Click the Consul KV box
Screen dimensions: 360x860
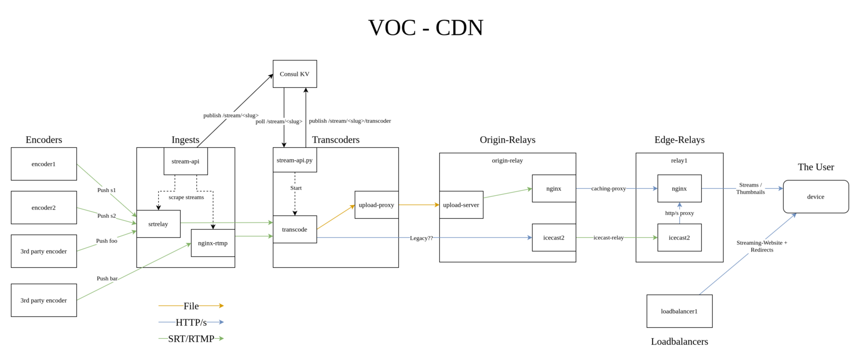click(x=295, y=74)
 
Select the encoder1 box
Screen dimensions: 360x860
click(x=44, y=164)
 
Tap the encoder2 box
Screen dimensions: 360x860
click(x=44, y=208)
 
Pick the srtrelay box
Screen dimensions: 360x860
click(x=158, y=224)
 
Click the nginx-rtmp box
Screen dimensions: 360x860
click(x=213, y=243)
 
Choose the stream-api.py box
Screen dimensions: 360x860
click(x=295, y=160)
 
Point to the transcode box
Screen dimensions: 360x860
click(x=295, y=230)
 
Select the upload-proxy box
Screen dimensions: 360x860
click(x=377, y=205)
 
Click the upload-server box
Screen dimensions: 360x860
click(x=461, y=205)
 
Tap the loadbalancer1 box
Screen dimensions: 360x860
click(x=679, y=311)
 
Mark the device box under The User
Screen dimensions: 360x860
click(x=816, y=197)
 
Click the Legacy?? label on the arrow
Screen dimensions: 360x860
click(x=421, y=238)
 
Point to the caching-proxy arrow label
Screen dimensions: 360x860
click(x=608, y=189)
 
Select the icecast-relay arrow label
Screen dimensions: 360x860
click(x=608, y=238)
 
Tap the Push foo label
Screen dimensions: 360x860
click(x=106, y=241)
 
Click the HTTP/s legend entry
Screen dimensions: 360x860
click(x=191, y=322)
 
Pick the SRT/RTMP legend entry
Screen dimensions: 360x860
click(x=191, y=339)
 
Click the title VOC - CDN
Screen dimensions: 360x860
click(x=426, y=28)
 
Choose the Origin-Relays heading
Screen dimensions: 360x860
click(x=507, y=140)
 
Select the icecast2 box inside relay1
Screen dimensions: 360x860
click(x=679, y=238)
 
